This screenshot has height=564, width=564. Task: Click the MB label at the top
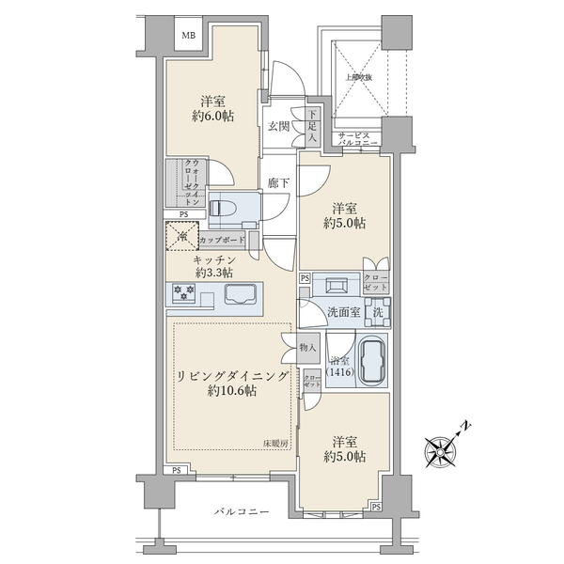(188, 37)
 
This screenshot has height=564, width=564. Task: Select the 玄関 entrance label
(277, 126)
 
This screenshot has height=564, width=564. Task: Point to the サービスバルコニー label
(358, 139)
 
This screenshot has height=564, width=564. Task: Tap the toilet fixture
(225, 207)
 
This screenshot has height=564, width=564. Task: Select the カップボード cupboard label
(223, 241)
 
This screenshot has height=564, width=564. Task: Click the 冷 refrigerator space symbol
(180, 237)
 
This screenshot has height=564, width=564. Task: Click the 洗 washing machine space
(375, 312)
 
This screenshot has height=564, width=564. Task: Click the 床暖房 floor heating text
(274, 443)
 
